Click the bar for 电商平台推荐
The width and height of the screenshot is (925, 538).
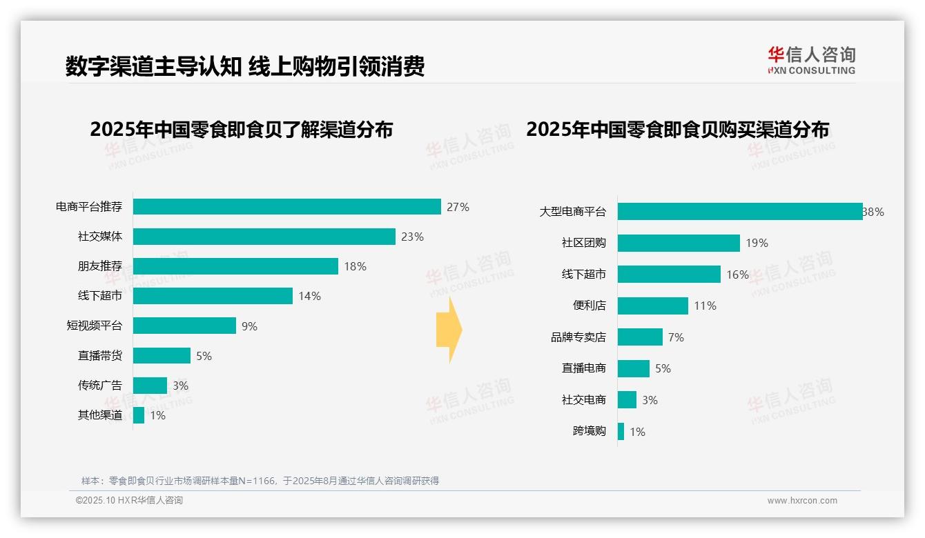[286, 207]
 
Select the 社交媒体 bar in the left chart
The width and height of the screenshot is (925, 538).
[264, 237]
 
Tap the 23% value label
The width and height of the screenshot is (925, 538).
[412, 237]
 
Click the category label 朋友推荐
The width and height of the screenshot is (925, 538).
[99, 266]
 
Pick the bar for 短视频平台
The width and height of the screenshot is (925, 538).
[184, 326]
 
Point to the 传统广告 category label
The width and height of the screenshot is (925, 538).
[99, 386]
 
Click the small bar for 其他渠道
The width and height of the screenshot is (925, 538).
[139, 415]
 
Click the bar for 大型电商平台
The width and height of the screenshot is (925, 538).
[739, 212]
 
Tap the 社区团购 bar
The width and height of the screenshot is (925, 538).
[679, 243]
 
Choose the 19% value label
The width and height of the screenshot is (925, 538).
[757, 243]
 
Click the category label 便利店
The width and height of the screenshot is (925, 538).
[589, 306]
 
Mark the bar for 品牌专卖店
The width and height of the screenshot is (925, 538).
[640, 337]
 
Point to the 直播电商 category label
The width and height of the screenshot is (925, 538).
[583, 368]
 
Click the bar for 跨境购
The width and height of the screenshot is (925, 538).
[621, 432]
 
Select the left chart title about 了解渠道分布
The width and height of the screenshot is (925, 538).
[241, 129]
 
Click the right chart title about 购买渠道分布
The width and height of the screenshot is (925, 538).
[677, 129]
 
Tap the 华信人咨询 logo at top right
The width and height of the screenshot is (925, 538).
[811, 60]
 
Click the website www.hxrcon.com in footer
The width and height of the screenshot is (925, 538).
[802, 501]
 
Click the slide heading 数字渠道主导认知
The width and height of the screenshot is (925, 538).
[153, 66]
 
